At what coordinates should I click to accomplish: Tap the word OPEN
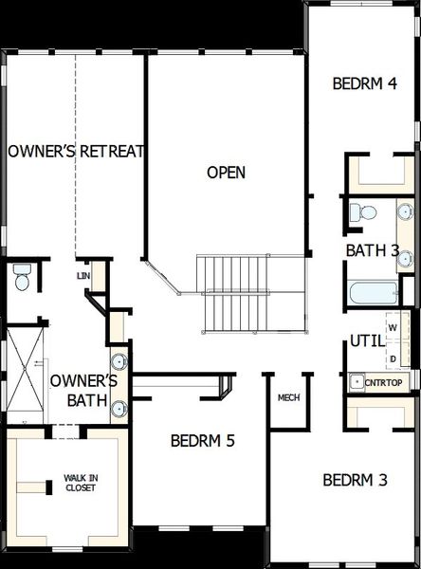(x=227, y=173)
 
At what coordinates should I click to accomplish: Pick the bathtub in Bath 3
(x=374, y=291)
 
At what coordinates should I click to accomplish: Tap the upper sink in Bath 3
(x=404, y=211)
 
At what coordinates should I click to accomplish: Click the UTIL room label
(x=366, y=340)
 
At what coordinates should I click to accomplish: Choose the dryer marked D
(x=393, y=359)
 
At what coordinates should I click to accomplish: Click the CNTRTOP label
(x=381, y=382)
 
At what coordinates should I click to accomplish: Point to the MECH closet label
(x=288, y=397)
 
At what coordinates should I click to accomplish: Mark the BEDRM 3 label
(x=355, y=480)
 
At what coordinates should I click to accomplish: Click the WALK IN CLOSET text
(x=80, y=484)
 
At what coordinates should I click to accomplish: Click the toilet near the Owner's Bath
(x=23, y=279)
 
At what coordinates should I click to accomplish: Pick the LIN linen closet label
(x=82, y=275)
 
